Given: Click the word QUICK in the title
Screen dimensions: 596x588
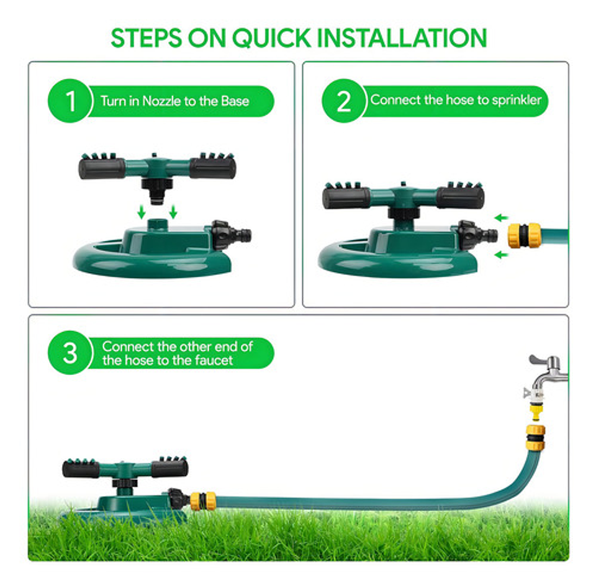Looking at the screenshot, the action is click(x=271, y=38).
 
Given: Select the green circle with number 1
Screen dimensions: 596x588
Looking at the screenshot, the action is click(x=70, y=101).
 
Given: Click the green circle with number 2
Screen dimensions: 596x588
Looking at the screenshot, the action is click(x=344, y=101).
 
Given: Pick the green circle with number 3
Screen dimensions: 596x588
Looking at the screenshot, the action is click(x=70, y=353).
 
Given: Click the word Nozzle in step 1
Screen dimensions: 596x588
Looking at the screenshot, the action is click(x=161, y=101).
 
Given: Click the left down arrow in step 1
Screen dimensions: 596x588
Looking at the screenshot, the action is click(x=142, y=212).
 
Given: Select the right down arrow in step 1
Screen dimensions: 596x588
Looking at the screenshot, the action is click(x=173, y=212).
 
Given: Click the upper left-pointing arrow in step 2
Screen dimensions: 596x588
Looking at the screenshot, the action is click(x=502, y=218).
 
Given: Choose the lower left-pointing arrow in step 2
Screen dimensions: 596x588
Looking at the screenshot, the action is click(x=502, y=255).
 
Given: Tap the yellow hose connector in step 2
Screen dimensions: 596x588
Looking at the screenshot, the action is click(x=524, y=236).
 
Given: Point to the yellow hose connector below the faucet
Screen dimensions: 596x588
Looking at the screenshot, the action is click(x=536, y=438).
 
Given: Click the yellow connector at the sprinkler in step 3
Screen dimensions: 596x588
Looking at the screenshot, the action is click(x=203, y=500).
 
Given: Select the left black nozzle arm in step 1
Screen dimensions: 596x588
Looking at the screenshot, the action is click(x=102, y=168).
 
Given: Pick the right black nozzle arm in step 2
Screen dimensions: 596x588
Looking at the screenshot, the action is click(x=461, y=197).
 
